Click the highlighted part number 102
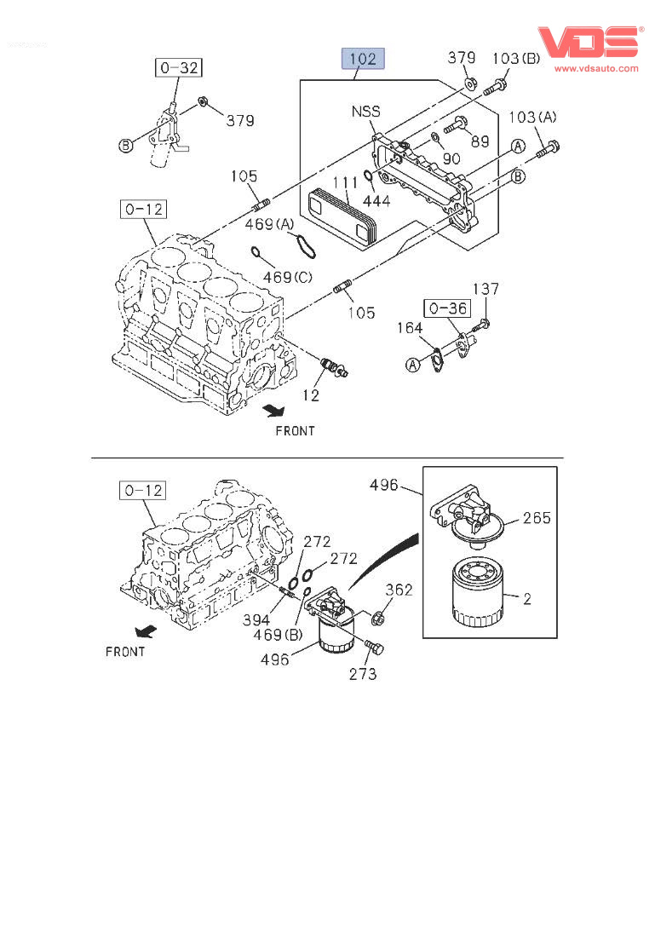[363, 59]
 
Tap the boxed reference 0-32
[178, 67]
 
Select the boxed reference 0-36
[446, 308]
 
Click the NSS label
[365, 112]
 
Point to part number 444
[376, 201]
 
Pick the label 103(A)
[533, 117]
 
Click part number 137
[486, 290]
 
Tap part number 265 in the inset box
[537, 518]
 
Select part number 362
[399, 590]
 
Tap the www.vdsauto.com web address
[596, 68]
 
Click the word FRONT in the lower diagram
[125, 652]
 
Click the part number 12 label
[311, 395]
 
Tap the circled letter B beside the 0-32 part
[126, 146]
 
